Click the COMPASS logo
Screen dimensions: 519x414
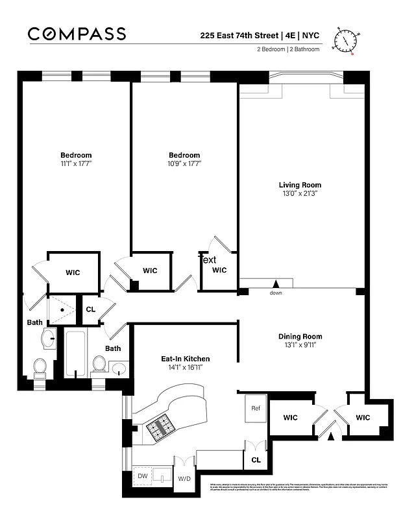pyautogui.click(x=77, y=34)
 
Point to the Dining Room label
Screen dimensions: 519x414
pyautogui.click(x=300, y=336)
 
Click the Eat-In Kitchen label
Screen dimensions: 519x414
pyautogui.click(x=186, y=359)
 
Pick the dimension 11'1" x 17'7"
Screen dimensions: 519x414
pyautogui.click(x=76, y=164)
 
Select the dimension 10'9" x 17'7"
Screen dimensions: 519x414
pyautogui.click(x=184, y=164)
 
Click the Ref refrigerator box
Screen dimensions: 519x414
pyautogui.click(x=256, y=409)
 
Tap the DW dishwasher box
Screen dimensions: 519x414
pyautogui.click(x=143, y=476)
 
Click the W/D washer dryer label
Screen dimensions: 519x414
pyautogui.click(x=184, y=479)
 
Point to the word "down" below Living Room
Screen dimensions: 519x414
pyautogui.click(x=276, y=293)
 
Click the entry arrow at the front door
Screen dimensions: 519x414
pyautogui.click(x=332, y=437)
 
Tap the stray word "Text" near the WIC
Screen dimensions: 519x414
pyautogui.click(x=208, y=259)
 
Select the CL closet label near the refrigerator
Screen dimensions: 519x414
pyautogui.click(x=256, y=459)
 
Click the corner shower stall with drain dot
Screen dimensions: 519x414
pyautogui.click(x=62, y=309)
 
